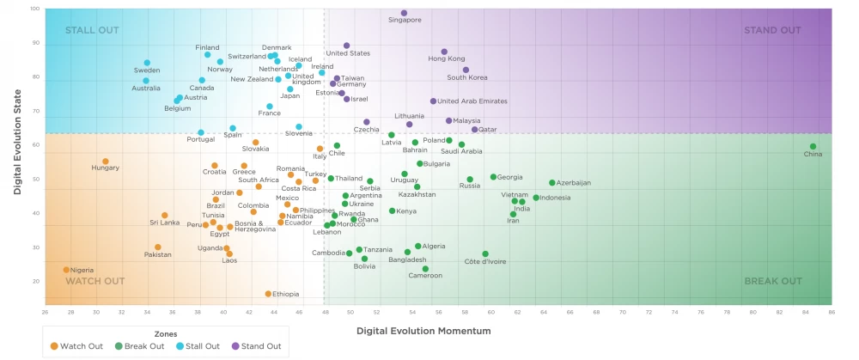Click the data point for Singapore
pyautogui.click(x=404, y=13)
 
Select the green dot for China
pyautogui.click(x=813, y=146)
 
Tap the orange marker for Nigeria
pyautogui.click(x=66, y=270)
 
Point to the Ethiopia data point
pyautogui.click(x=268, y=294)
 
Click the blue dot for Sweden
pyautogui.click(x=147, y=63)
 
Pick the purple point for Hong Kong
pyautogui.click(x=444, y=52)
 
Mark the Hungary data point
pyautogui.click(x=106, y=161)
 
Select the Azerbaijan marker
pyautogui.click(x=552, y=182)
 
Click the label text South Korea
pyautogui.click(x=466, y=77)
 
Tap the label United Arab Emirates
pyautogui.click(x=472, y=101)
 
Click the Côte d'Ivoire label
pyautogui.click(x=485, y=261)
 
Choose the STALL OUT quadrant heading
pyautogui.click(x=93, y=30)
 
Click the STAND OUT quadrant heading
pyautogui.click(x=772, y=30)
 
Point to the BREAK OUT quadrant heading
pyautogui.click(x=772, y=281)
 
